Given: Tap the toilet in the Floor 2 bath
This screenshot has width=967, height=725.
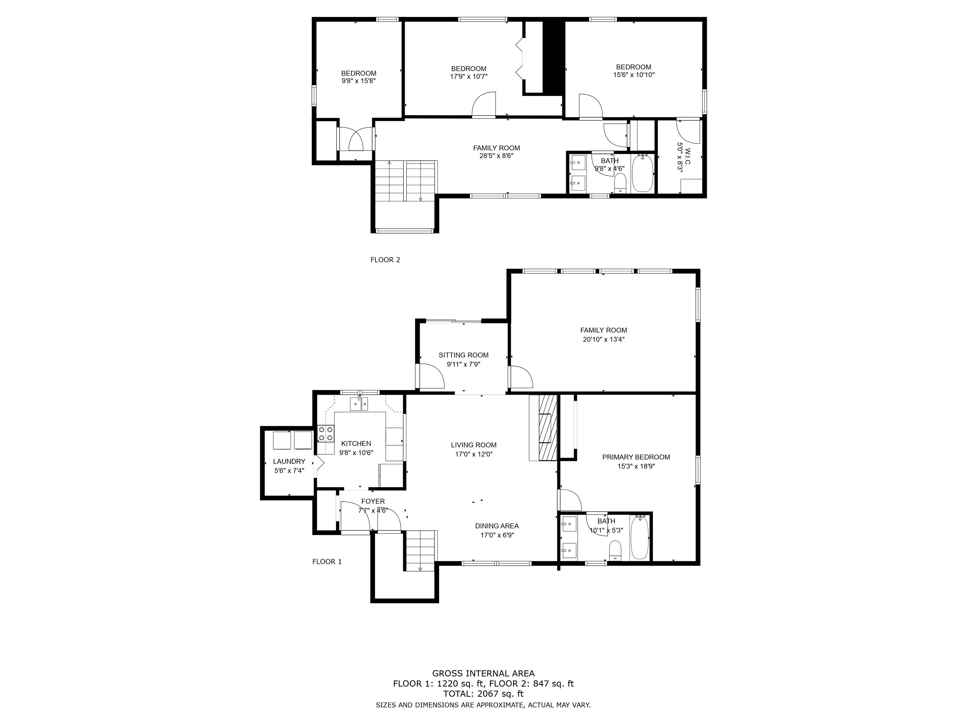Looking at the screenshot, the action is pyautogui.click(x=620, y=183).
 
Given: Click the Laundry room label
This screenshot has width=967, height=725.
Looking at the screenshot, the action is pyautogui.click(x=289, y=461).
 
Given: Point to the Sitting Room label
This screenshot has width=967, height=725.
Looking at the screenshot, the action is pyautogui.click(x=463, y=355).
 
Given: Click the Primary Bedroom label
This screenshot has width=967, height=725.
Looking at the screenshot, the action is pyautogui.click(x=636, y=457).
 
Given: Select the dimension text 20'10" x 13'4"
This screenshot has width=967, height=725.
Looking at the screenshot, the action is pyautogui.click(x=604, y=339).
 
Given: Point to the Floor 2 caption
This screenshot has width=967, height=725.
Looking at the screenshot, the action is pyautogui.click(x=385, y=260).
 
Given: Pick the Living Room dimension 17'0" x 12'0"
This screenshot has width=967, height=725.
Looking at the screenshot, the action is pyautogui.click(x=474, y=454).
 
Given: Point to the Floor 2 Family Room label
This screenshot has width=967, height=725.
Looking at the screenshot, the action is pyautogui.click(x=497, y=148).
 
